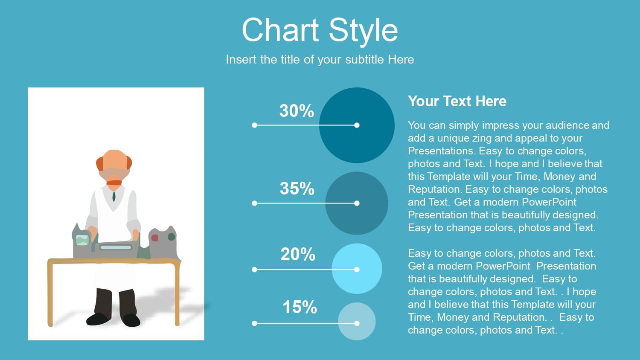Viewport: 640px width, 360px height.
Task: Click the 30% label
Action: pyautogui.click(x=297, y=111)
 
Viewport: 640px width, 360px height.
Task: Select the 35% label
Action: pyautogui.click(x=297, y=189)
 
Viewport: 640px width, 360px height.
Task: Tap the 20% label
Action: pyautogui.click(x=298, y=254)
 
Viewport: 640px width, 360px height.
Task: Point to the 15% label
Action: pyautogui.click(x=300, y=308)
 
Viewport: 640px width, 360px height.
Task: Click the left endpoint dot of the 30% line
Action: pyautogui.click(x=255, y=125)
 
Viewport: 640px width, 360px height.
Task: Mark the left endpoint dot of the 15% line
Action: pyautogui.click(x=255, y=323)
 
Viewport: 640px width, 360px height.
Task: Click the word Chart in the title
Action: pyautogui.click(x=280, y=30)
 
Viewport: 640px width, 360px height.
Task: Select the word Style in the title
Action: pyautogui.click(x=364, y=32)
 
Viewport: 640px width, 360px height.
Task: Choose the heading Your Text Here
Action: pyautogui.click(x=457, y=101)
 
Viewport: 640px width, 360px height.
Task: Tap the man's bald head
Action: pyautogui.click(x=114, y=160)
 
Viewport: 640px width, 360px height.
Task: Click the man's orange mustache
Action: pyautogui.click(x=114, y=183)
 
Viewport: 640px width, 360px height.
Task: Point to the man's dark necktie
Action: pyautogui.click(x=114, y=196)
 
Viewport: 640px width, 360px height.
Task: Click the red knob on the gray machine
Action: pyautogui.click(x=154, y=238)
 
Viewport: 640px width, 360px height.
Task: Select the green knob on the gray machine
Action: pyautogui.click(x=172, y=237)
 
